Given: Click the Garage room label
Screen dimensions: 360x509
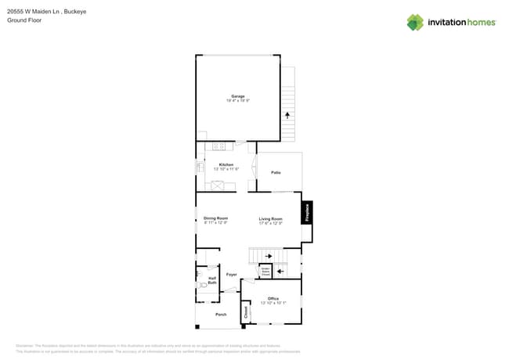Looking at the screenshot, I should [x=237, y=96].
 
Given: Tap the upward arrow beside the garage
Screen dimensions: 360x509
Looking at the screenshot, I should [x=287, y=114].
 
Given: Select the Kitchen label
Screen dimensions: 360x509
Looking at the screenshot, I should [x=226, y=164].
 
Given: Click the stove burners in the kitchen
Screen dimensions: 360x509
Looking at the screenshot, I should [x=218, y=146].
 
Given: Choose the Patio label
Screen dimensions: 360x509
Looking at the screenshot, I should [x=276, y=172].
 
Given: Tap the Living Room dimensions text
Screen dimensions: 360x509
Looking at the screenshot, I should [x=271, y=223].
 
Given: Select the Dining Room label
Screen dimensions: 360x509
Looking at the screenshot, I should [x=215, y=218].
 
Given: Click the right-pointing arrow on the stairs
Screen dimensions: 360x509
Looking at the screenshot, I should [x=269, y=255].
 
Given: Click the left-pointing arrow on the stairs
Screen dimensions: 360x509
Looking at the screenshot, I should [x=281, y=272].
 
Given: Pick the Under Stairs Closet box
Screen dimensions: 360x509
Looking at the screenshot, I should [x=265, y=272].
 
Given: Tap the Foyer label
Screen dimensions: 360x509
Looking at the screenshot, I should [x=232, y=275].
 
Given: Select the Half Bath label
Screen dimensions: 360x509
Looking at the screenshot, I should [x=211, y=280].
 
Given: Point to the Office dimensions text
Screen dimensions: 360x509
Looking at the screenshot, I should [x=273, y=303].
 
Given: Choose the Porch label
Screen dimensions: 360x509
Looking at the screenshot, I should [x=220, y=315].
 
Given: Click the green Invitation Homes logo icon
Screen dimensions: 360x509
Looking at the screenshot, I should [x=415, y=22].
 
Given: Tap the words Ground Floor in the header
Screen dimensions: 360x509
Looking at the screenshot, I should [x=23, y=21].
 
